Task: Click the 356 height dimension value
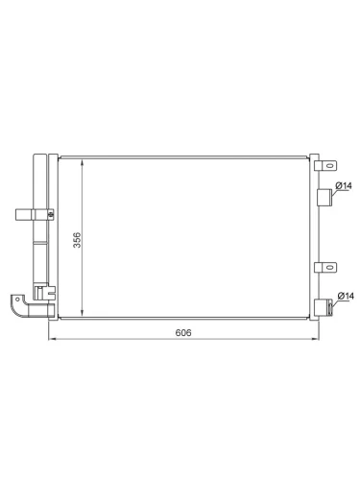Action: [77, 240]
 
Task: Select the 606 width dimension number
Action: [183, 333]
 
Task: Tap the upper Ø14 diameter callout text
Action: [344, 185]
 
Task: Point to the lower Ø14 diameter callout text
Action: [346, 296]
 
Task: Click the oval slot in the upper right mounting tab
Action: [329, 166]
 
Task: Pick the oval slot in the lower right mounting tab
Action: [329, 267]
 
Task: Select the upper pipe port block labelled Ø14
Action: [324, 197]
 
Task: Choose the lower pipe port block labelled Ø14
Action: [324, 307]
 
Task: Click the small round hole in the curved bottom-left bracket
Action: [17, 300]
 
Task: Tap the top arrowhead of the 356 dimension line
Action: [83, 162]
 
